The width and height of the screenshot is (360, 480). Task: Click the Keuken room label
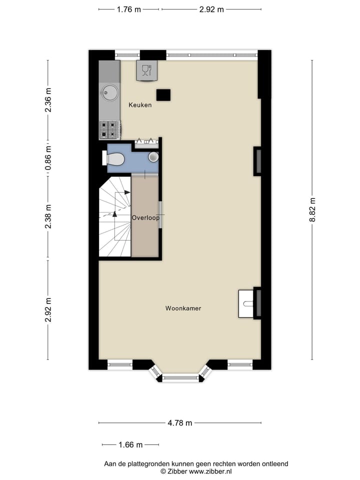(140, 105)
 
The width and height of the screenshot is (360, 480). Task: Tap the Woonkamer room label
(183, 308)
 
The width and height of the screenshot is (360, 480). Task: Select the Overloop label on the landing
(145, 218)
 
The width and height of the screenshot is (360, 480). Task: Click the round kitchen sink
(109, 92)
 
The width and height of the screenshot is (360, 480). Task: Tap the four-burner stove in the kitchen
(109, 129)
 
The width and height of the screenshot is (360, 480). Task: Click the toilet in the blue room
(114, 159)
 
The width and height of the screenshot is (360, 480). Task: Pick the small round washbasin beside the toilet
(153, 157)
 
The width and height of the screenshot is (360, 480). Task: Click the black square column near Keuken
(163, 94)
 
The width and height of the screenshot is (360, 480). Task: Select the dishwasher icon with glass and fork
(146, 70)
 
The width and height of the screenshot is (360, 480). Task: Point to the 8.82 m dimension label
(312, 209)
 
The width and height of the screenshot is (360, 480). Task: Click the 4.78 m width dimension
(180, 423)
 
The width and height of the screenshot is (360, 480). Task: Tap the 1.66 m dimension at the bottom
(130, 444)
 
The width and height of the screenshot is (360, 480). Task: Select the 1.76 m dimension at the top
(129, 9)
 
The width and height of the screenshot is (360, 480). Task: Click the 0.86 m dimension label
(48, 158)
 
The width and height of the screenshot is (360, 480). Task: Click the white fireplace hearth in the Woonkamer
(247, 303)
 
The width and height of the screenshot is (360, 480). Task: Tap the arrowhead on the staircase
(114, 213)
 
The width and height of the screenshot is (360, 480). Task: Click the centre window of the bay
(180, 378)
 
